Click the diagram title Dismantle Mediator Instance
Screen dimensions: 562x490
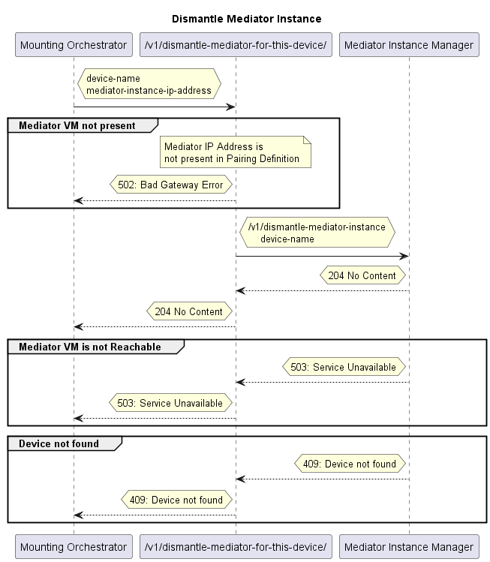tap(246, 18)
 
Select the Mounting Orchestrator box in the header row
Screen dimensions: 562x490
tap(74, 45)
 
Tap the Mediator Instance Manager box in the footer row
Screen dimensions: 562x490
tap(408, 546)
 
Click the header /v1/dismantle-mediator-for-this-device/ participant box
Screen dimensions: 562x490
tap(236, 45)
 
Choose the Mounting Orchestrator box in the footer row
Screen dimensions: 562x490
tap(74, 546)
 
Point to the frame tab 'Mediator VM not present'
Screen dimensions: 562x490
tap(78, 126)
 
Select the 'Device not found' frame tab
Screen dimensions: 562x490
tap(59, 443)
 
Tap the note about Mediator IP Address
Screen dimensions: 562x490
tap(236, 153)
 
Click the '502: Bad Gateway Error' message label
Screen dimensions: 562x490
tap(170, 185)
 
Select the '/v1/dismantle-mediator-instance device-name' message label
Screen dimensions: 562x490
tap(317, 233)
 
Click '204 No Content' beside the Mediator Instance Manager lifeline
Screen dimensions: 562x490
tap(362, 275)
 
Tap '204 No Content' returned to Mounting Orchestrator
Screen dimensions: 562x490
tap(188, 311)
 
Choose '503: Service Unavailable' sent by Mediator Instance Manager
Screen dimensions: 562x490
tap(344, 367)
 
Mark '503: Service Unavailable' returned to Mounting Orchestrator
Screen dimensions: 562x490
tap(170, 403)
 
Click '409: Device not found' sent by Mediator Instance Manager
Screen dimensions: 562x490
tap(350, 464)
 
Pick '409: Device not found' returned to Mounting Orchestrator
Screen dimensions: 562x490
tap(176, 500)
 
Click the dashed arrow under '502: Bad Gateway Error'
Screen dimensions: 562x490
tap(155, 201)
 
